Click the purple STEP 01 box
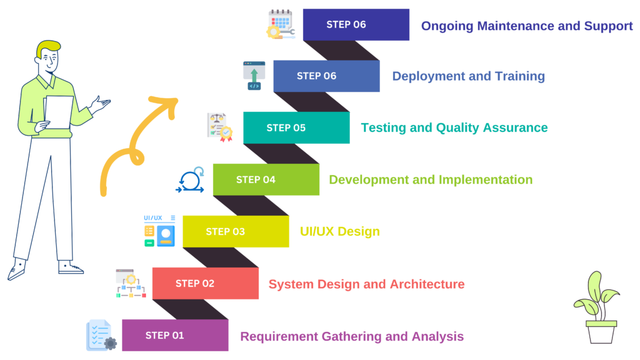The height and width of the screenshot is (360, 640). [x=174, y=335]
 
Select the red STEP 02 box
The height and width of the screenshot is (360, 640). [x=205, y=283]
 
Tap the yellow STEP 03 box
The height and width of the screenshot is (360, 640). [x=236, y=231]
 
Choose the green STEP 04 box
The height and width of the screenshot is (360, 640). [x=266, y=179]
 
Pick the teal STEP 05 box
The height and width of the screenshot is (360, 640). [x=296, y=127]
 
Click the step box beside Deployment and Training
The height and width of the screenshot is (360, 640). [x=326, y=76]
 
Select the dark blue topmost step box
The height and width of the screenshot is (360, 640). [x=356, y=24]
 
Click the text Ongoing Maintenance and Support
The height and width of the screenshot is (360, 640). [x=526, y=26]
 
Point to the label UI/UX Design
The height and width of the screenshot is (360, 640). [x=339, y=232]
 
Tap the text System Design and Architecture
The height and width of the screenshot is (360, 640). [x=366, y=284]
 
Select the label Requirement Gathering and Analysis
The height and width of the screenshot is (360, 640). [x=352, y=336]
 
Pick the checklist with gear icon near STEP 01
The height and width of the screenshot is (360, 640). [x=100, y=335]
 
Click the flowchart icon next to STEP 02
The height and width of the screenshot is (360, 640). [x=129, y=284]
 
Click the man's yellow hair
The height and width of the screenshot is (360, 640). [x=47, y=48]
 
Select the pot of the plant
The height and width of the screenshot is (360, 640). [x=601, y=332]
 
